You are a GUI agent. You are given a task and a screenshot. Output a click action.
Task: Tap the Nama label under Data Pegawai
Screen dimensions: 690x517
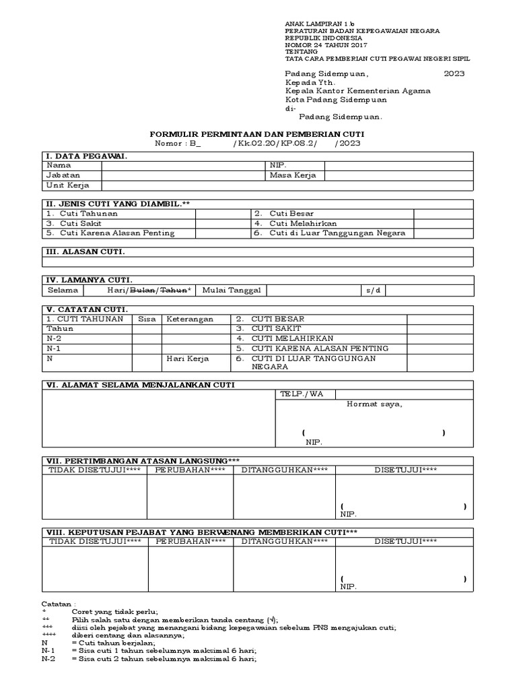tap(58, 165)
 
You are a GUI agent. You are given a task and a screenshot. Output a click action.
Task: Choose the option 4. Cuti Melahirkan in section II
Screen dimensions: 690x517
tap(296, 224)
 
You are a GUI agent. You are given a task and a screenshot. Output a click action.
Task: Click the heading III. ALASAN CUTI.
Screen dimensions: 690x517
tap(85, 251)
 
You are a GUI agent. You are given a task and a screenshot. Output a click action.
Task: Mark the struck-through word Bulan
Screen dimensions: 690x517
tap(141, 290)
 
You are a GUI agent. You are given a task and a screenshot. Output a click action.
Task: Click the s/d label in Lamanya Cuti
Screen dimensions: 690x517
tap(373, 290)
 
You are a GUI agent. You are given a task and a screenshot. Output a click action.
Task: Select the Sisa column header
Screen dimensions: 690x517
tap(146, 319)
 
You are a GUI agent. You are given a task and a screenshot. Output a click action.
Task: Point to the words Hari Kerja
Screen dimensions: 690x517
tap(188, 358)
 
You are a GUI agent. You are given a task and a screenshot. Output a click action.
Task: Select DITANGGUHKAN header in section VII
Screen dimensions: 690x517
tap(285, 470)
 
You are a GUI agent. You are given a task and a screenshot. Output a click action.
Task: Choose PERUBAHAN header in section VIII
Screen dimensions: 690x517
tap(191, 541)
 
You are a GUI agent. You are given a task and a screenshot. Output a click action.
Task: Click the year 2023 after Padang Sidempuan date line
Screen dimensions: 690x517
tap(453, 73)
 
